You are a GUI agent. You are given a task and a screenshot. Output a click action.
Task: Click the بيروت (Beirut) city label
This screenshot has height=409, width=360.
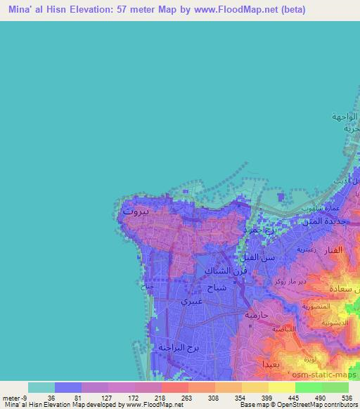coord(136,210)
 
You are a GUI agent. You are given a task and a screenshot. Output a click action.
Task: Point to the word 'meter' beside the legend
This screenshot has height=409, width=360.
coord(11,397)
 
